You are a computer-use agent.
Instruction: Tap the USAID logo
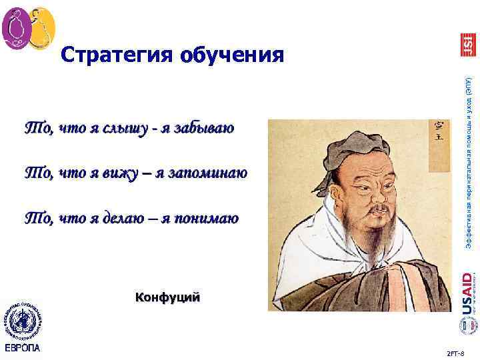pos(467,291)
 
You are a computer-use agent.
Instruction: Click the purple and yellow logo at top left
pos(28,28)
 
